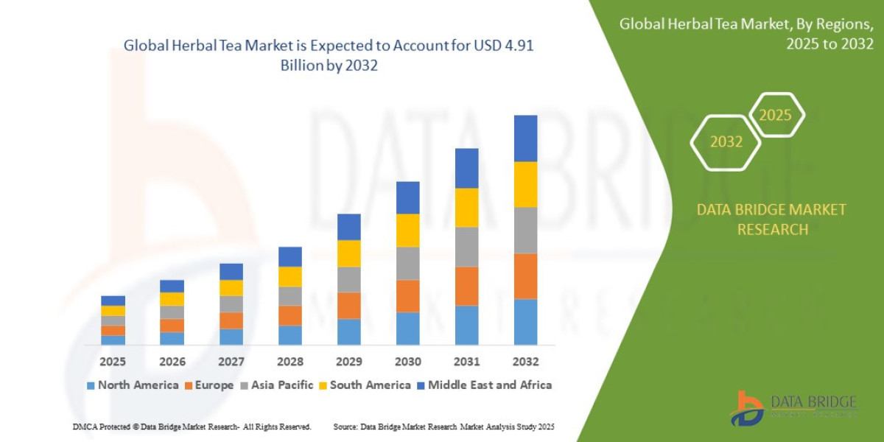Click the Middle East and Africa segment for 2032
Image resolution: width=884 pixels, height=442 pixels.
coord(525,138)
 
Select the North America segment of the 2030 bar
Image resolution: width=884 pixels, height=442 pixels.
coord(407,329)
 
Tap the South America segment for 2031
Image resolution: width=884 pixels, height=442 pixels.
coord(466,207)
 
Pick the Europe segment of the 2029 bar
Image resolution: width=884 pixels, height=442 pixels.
coord(348,306)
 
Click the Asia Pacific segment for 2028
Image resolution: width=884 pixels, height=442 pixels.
coord(290,296)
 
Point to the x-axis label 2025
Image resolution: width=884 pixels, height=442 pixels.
coord(113,362)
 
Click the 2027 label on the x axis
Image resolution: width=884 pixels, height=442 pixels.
coord(231,362)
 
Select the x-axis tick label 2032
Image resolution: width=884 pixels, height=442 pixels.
coord(525,362)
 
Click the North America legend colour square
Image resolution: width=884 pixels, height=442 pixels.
coord(91,385)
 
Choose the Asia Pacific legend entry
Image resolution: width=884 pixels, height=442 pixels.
coord(282,385)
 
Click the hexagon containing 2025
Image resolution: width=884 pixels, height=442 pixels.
coord(775,115)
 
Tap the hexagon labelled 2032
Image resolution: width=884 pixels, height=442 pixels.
coord(726,142)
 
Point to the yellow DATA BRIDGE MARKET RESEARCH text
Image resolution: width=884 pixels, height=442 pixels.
coord(771,220)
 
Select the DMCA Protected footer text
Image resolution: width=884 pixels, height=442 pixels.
coord(192,427)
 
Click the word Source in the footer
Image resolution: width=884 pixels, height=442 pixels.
coord(345,427)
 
